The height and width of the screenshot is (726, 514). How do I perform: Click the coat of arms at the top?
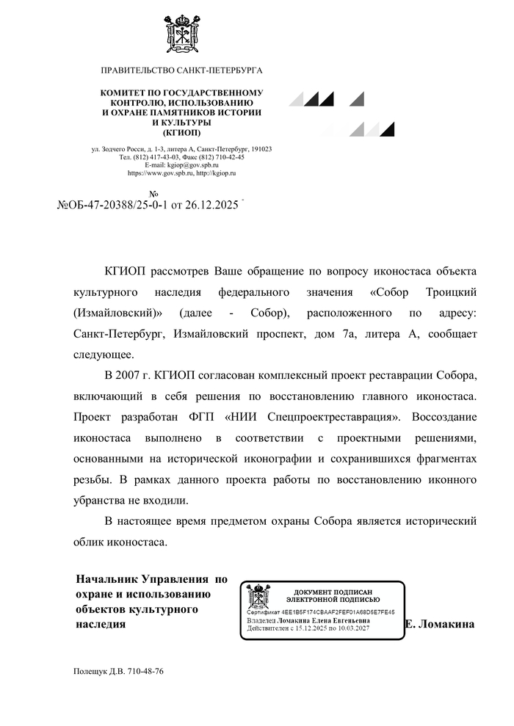coord(181,32)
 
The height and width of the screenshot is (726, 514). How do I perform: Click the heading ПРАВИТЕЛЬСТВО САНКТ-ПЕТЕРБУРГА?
coord(181,70)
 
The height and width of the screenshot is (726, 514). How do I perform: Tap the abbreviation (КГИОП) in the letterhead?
coord(181,133)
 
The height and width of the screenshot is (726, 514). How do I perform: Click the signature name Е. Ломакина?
coord(439,624)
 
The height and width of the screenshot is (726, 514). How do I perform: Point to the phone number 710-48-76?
coord(145,672)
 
